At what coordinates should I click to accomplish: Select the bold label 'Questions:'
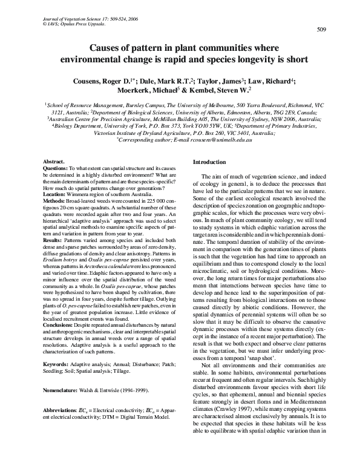[x=57, y=168]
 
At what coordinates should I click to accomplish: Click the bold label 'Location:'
[x=56, y=194]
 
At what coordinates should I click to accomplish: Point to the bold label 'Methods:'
[x=56, y=200]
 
